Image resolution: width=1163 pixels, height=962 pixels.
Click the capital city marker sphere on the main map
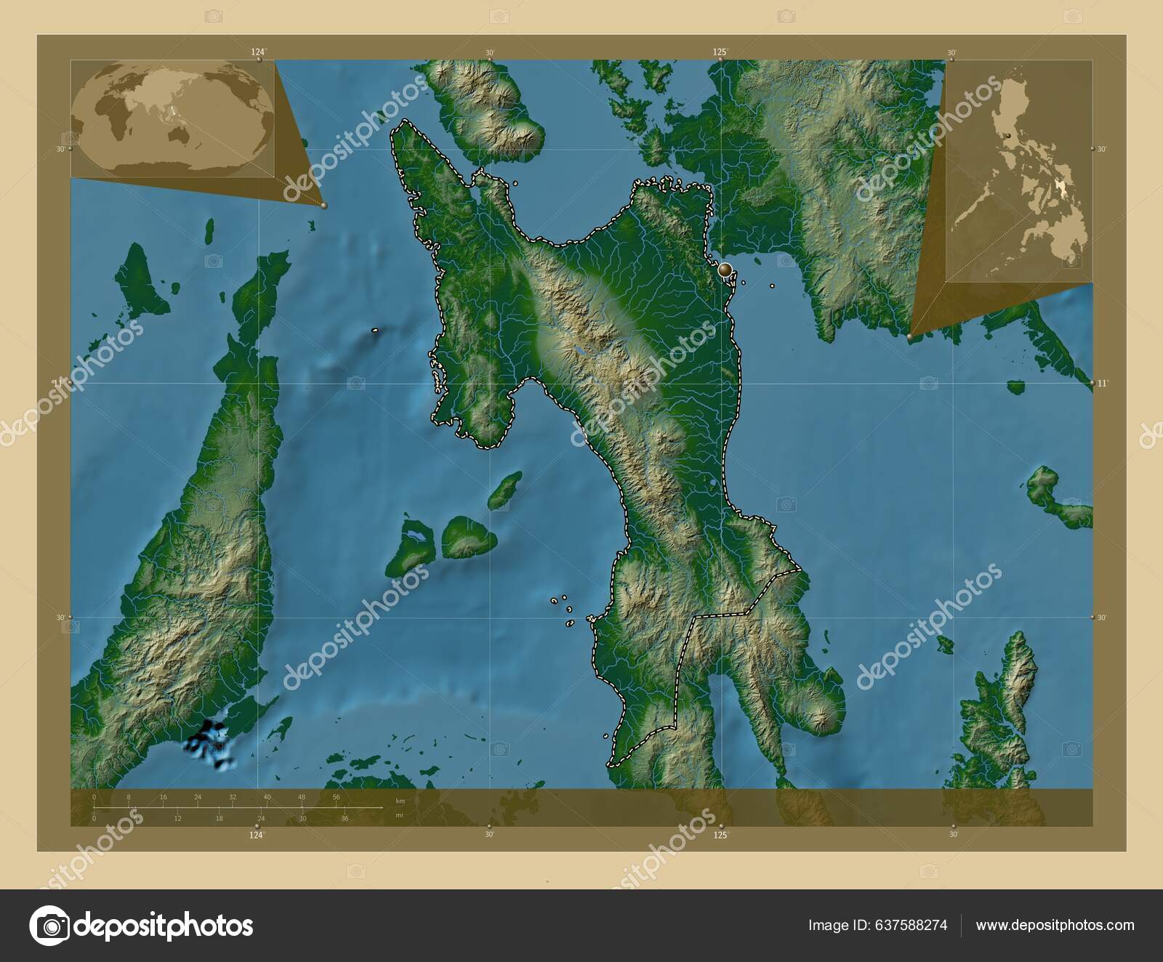[724, 270]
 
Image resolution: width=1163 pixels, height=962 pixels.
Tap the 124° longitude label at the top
[258, 52]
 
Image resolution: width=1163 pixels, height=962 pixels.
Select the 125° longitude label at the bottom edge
[720, 836]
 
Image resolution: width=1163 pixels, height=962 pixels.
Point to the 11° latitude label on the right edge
[1103, 383]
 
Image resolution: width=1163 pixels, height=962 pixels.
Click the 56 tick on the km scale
[337, 797]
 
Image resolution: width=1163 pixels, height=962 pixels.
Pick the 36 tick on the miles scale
[345, 819]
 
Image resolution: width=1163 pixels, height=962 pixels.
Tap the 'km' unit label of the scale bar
[400, 801]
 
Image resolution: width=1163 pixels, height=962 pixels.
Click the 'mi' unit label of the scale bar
[399, 815]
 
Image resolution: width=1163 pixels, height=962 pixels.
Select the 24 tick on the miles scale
[261, 819]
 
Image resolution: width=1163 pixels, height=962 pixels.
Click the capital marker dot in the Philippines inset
[1009, 136]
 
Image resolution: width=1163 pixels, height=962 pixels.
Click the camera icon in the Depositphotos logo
[49, 926]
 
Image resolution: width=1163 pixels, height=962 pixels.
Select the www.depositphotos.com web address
[1055, 926]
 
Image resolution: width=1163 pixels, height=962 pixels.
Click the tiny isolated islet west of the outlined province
[375, 331]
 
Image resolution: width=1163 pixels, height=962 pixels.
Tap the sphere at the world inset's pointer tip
[323, 206]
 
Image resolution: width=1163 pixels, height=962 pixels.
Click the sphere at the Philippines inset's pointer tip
[911, 337]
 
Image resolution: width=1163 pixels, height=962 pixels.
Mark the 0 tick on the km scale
[94, 797]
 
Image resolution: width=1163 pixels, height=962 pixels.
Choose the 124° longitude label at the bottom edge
[256, 836]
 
